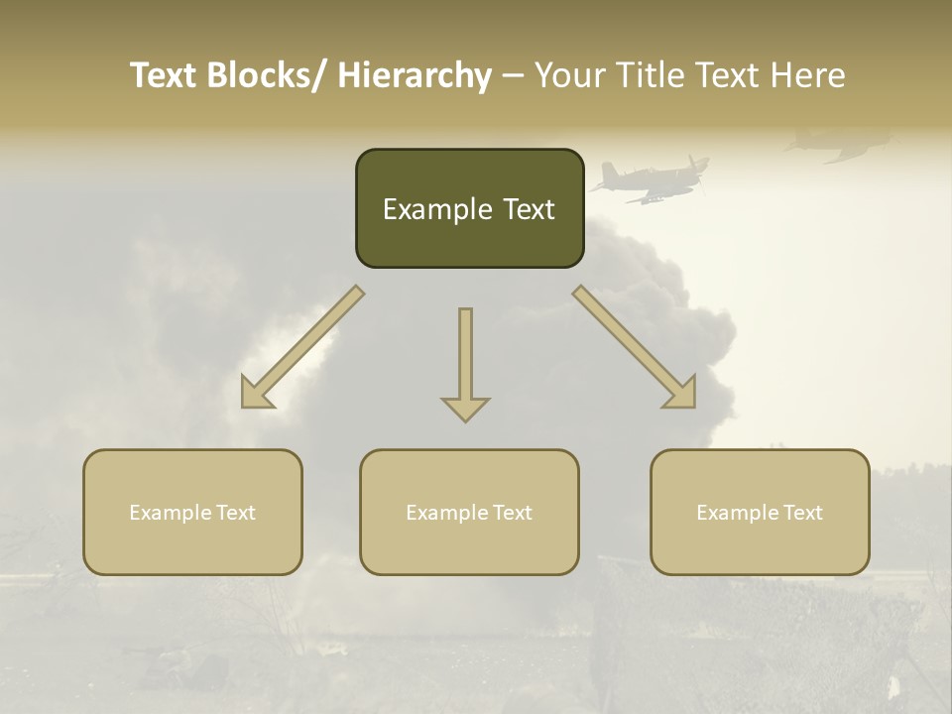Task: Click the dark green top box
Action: click(469, 208)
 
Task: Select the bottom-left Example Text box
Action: click(192, 512)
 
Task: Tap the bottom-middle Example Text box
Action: click(469, 512)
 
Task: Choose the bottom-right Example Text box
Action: click(760, 512)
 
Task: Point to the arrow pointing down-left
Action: click(302, 347)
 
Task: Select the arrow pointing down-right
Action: click(635, 347)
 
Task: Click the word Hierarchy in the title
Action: click(415, 75)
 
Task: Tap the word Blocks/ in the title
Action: click(271, 75)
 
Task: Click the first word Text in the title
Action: click(166, 75)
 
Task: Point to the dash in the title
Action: click(513, 76)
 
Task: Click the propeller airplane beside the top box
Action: click(650, 179)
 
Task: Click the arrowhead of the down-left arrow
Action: click(258, 392)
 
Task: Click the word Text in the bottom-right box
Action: click(801, 512)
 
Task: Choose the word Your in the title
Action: click(568, 75)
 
